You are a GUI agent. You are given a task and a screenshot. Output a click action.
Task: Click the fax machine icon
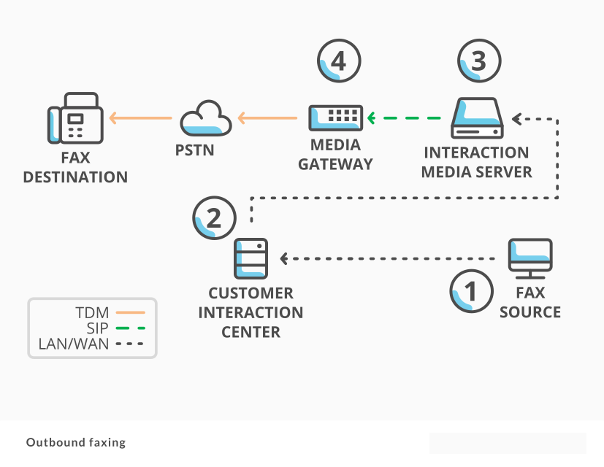(x=75, y=118)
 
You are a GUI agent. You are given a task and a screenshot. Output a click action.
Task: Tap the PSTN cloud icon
(x=201, y=118)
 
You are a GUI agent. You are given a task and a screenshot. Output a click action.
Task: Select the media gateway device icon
(x=336, y=117)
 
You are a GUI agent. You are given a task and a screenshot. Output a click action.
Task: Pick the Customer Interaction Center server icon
(x=251, y=258)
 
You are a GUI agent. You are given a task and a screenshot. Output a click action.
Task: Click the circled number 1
(x=470, y=292)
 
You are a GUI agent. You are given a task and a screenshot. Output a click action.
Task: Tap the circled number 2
(x=215, y=217)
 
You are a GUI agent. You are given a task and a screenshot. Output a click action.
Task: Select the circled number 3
(x=479, y=61)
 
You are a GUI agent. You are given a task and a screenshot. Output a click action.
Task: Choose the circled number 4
(x=338, y=61)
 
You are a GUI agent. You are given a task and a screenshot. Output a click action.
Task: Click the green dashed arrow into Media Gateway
(x=406, y=117)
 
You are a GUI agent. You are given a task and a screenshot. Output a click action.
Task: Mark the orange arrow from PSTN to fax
(x=141, y=117)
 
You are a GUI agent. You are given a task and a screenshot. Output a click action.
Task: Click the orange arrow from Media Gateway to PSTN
(x=267, y=117)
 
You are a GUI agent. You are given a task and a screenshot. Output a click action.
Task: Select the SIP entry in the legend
(x=110, y=328)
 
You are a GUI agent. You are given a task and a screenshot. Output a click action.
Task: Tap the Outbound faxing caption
(x=76, y=442)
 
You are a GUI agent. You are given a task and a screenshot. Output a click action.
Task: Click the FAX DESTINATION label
(x=75, y=167)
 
